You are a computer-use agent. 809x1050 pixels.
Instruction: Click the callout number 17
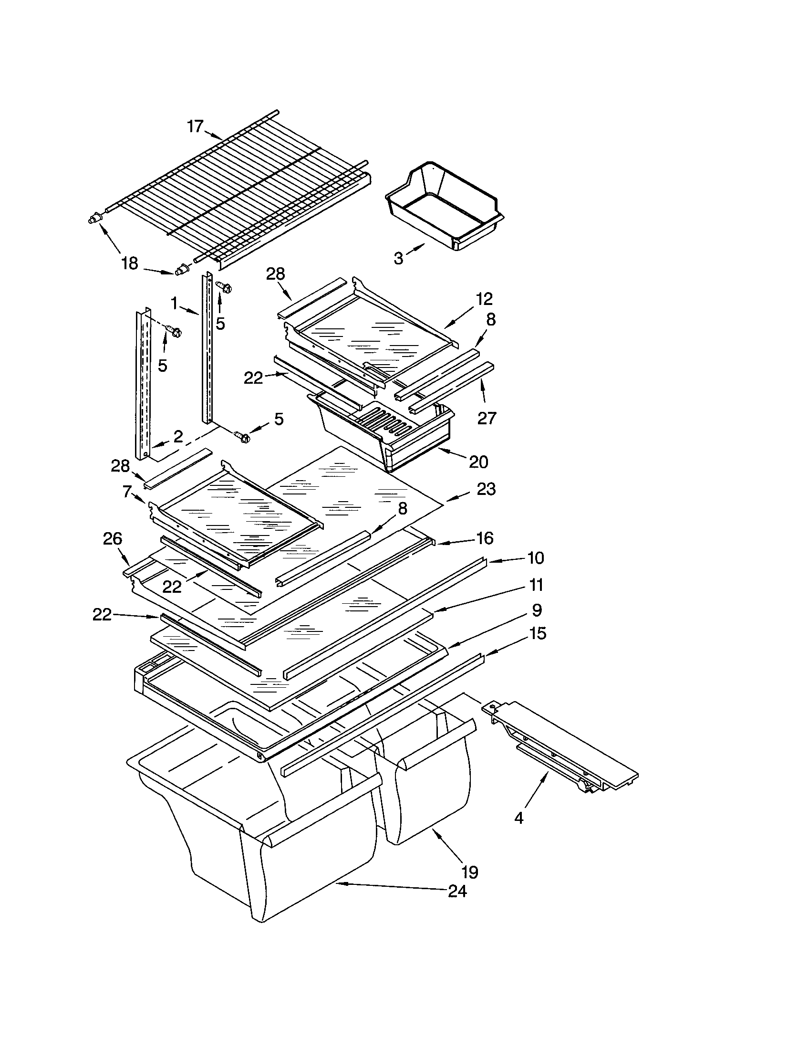point(195,126)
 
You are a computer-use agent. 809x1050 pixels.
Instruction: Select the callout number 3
point(398,258)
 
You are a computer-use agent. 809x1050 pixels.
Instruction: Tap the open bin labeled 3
point(445,207)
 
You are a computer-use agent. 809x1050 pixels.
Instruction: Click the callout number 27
point(486,418)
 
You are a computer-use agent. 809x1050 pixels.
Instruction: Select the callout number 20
point(478,462)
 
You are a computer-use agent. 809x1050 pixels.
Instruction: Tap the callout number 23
point(486,489)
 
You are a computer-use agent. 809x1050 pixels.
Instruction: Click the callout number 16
point(485,538)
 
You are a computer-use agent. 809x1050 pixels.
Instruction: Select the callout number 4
point(519,817)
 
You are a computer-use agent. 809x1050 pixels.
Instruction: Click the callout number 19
point(469,871)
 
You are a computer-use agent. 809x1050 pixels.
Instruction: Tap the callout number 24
point(457,892)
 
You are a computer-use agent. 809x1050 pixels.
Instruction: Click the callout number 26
point(113,538)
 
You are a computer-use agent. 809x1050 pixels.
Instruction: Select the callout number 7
point(127,491)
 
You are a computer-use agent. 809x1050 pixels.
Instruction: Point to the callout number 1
point(175,303)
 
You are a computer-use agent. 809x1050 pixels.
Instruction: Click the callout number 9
point(537,609)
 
